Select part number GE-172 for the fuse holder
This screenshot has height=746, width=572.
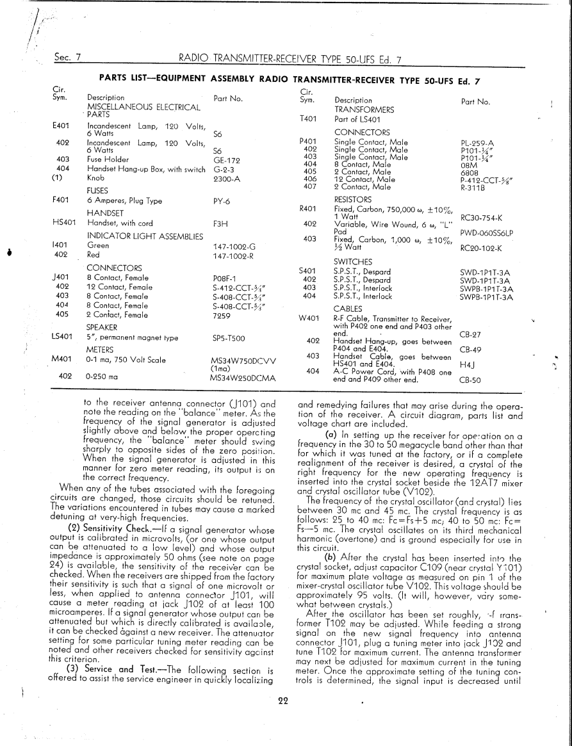(225, 159)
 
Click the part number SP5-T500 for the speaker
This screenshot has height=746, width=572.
(229, 337)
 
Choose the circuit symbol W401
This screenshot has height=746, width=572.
(309, 318)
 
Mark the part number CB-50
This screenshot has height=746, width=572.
(470, 379)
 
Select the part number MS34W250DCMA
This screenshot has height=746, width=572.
(242, 378)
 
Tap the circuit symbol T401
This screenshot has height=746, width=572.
(309, 119)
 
